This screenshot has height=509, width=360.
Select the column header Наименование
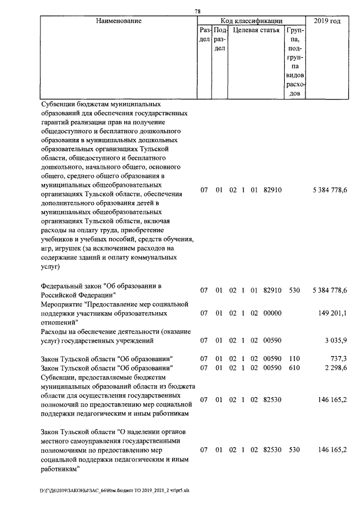pos(118,21)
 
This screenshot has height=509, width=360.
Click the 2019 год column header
pos(327,21)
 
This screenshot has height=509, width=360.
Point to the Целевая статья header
pos(256,30)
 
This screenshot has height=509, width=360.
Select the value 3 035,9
pos(335,340)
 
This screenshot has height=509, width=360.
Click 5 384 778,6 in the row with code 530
pos(330,290)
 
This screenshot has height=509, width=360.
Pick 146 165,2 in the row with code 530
pos(332,449)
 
